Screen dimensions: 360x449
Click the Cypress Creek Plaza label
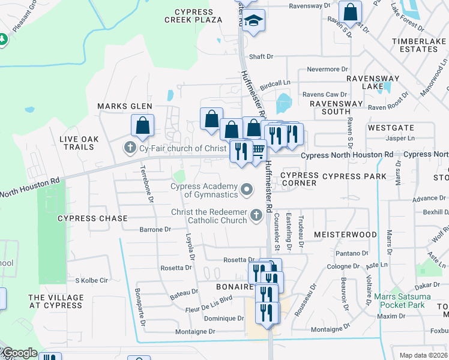[x=193, y=16]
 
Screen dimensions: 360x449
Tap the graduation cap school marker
[x=254, y=22]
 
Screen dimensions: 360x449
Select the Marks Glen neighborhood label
[x=125, y=106]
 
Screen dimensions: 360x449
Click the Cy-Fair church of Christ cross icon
[x=129, y=148]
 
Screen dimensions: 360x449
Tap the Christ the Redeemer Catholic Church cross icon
[x=256, y=215]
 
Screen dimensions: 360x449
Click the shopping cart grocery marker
[x=258, y=149]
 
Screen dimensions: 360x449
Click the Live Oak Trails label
[x=77, y=143]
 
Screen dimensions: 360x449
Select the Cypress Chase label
[x=92, y=218]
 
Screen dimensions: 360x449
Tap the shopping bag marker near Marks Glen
[x=142, y=125]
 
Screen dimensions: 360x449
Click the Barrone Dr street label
[x=155, y=229]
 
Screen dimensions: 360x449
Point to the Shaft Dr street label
[x=261, y=56]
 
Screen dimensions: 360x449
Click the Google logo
[x=19, y=353]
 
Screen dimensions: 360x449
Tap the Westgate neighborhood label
[x=391, y=128]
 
